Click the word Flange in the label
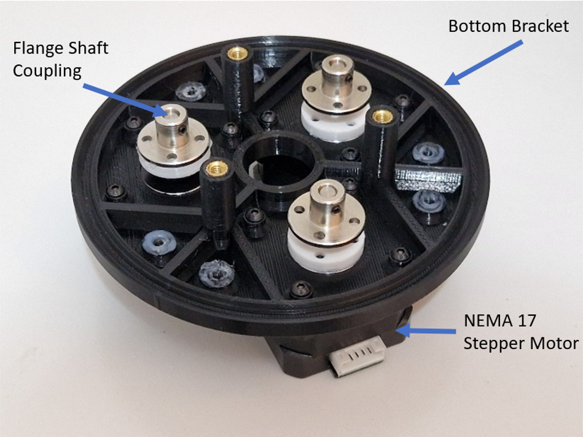tap(38, 49)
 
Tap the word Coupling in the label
tap(47, 71)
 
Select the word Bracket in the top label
tap(540, 26)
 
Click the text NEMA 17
tap(499, 321)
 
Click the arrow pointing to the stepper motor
tap(426, 330)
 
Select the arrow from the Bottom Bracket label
tap(483, 63)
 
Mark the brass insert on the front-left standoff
tap(215, 169)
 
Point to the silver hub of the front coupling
tap(326, 212)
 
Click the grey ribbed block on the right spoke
tap(428, 179)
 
